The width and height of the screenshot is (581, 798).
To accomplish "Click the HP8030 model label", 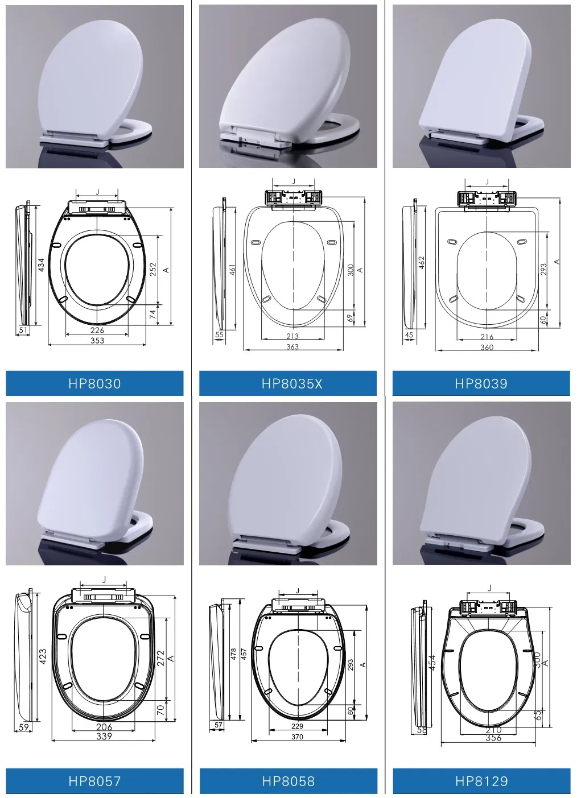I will tap(94, 383).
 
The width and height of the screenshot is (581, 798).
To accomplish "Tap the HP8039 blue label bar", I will tap(481, 383).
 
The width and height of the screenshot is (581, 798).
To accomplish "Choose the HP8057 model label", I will tap(94, 781).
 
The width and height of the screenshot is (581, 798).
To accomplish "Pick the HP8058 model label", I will tap(288, 781).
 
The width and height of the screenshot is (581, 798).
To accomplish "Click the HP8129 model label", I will tap(481, 781).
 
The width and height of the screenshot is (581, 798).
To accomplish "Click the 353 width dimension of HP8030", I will tap(97, 340).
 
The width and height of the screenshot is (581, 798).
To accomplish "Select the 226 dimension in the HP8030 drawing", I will tap(97, 330).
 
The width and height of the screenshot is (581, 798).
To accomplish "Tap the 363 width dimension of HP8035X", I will tap(292, 346).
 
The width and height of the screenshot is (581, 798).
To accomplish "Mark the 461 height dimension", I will tap(232, 268).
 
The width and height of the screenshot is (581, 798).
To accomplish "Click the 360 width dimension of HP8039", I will tap(487, 347).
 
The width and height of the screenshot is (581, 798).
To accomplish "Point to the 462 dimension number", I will tap(422, 262).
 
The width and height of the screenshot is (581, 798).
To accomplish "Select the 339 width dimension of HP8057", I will tap(104, 736).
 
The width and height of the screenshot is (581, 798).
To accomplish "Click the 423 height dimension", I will tap(43, 657).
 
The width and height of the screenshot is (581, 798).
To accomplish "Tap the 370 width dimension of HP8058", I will tap(297, 737).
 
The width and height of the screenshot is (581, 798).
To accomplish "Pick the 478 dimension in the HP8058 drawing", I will tap(233, 654).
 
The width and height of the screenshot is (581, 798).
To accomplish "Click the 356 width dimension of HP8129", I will tap(493, 738).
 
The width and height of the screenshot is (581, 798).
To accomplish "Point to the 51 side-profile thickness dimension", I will tap(23, 329).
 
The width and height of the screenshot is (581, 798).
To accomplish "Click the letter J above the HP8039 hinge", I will tap(487, 182).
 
